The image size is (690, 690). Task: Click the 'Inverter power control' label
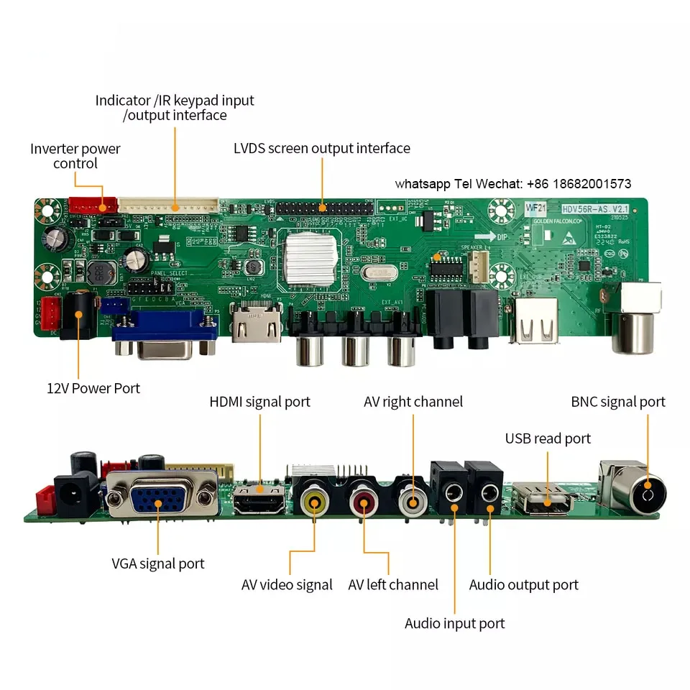click(75, 156)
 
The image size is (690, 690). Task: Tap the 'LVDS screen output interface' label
click(321, 149)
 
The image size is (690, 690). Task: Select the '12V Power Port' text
click(93, 388)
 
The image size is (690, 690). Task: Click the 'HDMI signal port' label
click(259, 402)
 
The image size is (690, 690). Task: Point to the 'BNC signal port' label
click(618, 402)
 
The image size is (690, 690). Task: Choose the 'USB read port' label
click(548, 438)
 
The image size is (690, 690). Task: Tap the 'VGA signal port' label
click(157, 563)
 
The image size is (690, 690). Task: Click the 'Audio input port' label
click(454, 623)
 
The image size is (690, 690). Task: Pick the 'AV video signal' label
click(287, 585)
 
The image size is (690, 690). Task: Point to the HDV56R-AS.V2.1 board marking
click(586, 208)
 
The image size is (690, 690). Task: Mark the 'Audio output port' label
click(523, 585)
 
